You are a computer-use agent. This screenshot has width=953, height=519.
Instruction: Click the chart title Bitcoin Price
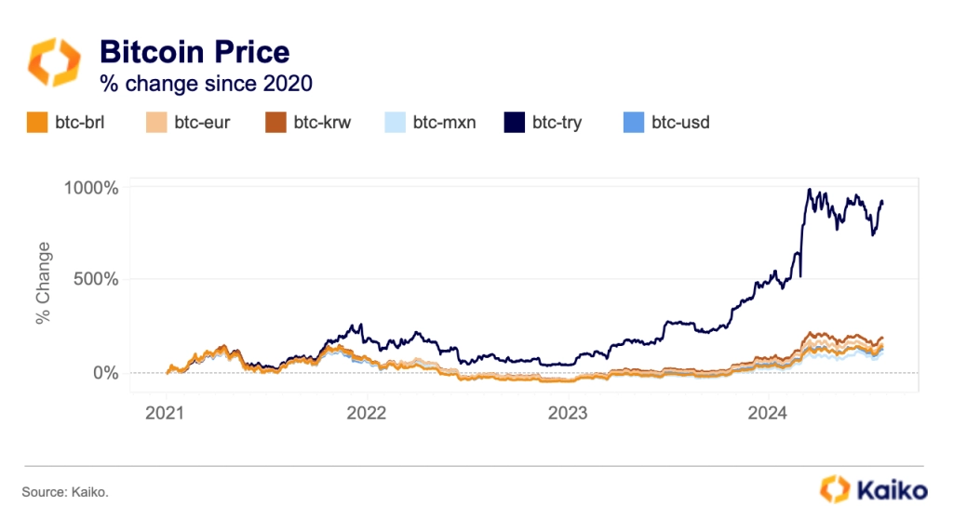(195, 52)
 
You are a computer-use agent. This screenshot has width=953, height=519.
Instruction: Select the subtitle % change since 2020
(206, 84)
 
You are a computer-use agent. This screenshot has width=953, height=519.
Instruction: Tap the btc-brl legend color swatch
(36, 122)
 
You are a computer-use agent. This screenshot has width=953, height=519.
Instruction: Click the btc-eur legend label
(200, 122)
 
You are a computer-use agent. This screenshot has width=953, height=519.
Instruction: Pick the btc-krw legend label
(322, 122)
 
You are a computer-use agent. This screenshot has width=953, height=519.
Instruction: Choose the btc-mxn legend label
(444, 122)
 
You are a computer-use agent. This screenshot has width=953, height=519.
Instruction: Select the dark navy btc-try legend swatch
(515, 122)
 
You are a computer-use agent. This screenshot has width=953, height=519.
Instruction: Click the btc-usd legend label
(680, 122)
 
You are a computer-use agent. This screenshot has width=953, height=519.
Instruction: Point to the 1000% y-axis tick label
(92, 187)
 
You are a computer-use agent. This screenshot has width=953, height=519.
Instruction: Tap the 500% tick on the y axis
(97, 279)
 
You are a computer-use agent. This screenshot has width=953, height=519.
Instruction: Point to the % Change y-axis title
(44, 283)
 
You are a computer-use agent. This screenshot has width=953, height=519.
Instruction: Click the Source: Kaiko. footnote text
(65, 489)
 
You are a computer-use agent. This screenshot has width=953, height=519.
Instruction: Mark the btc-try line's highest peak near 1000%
(810, 190)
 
